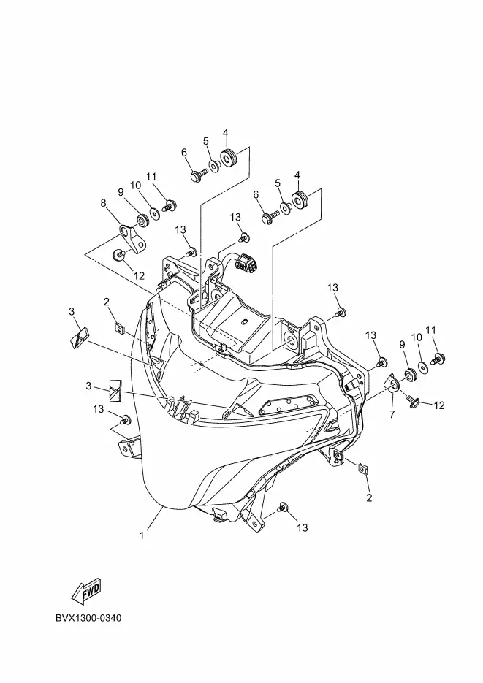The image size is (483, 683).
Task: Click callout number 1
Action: [141, 535]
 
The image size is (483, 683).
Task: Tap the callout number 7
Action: [392, 415]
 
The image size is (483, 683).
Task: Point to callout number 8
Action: [103, 202]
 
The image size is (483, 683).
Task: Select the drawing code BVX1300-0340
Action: [88, 619]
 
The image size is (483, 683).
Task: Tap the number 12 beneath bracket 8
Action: [138, 275]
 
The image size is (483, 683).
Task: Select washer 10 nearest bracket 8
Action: [155, 215]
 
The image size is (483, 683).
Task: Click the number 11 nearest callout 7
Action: [430, 329]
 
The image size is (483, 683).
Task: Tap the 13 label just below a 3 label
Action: [99, 410]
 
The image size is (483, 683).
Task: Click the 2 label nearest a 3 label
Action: [106, 302]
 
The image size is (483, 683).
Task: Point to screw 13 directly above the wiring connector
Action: [245, 237]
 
